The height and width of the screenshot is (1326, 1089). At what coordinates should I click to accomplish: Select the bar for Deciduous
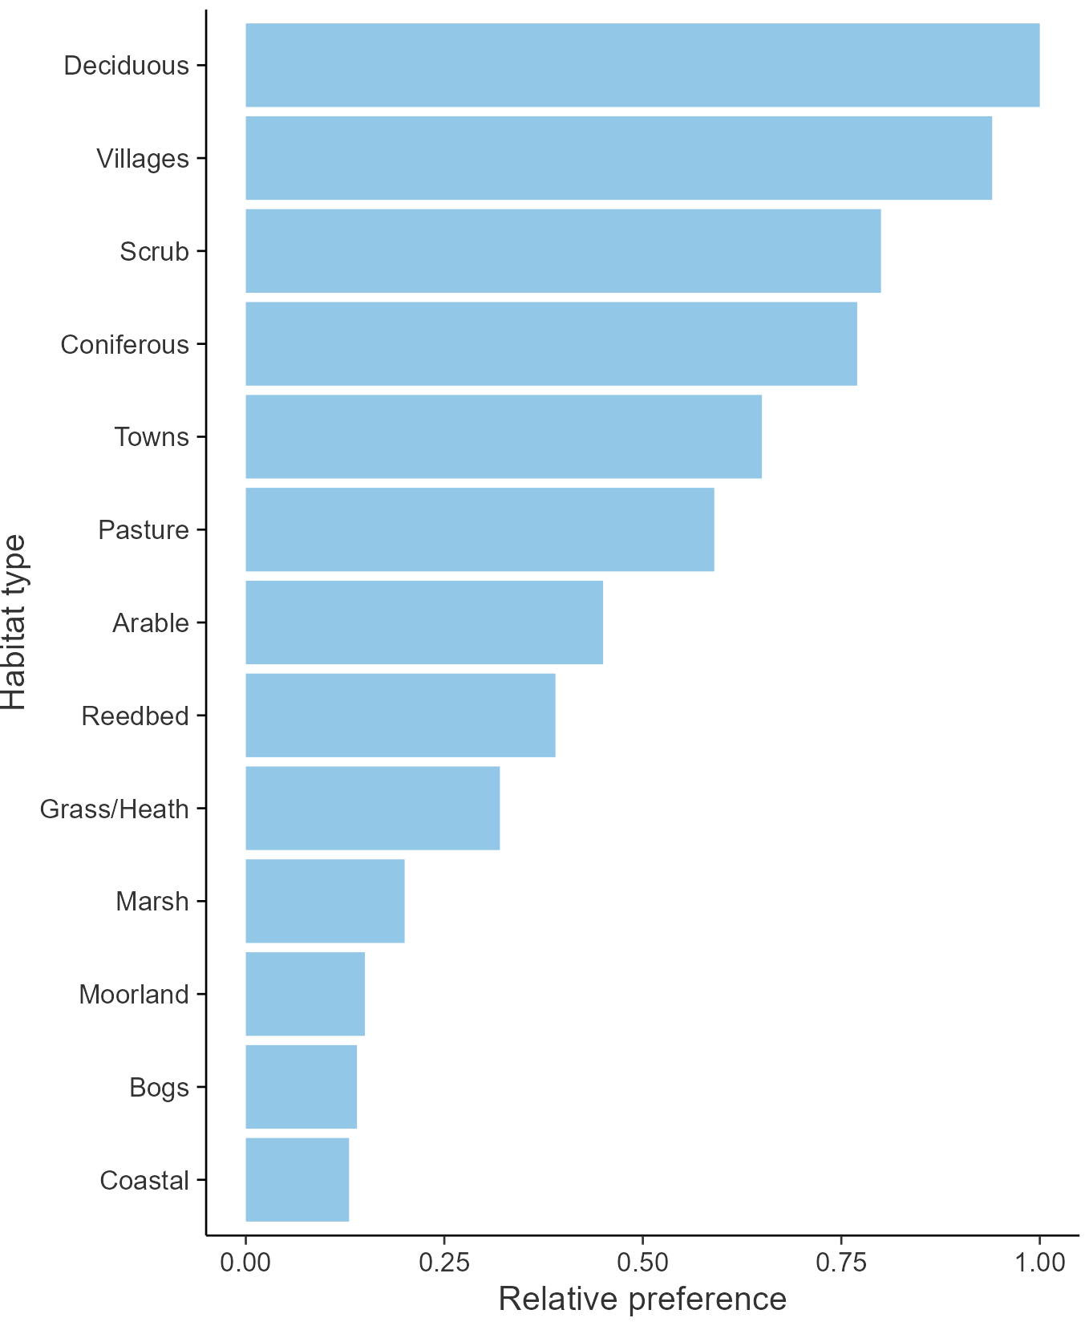pyautogui.click(x=642, y=65)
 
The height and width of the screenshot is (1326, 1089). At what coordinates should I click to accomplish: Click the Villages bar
pyautogui.click(x=618, y=158)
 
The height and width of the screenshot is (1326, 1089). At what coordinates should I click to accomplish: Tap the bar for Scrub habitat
pyautogui.click(x=563, y=251)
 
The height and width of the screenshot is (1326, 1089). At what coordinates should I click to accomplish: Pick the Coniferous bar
pyautogui.click(x=551, y=343)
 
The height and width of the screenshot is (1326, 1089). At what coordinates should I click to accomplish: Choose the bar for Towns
pyautogui.click(x=504, y=436)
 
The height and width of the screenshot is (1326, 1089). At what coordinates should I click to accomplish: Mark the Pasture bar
pyautogui.click(x=480, y=529)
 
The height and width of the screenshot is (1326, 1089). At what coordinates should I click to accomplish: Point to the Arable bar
pyautogui.click(x=424, y=622)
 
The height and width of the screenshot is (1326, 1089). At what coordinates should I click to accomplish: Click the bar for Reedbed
pyautogui.click(x=400, y=715)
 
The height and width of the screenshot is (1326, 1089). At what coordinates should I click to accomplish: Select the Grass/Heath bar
pyautogui.click(x=372, y=808)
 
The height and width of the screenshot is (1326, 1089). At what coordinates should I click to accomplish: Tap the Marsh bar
pyautogui.click(x=325, y=901)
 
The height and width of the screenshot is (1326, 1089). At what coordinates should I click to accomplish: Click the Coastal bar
pyautogui.click(x=297, y=1179)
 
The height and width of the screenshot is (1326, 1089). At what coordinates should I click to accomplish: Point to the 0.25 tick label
pyautogui.click(x=443, y=1262)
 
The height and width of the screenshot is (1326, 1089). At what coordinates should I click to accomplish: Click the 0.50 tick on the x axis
pyautogui.click(x=642, y=1262)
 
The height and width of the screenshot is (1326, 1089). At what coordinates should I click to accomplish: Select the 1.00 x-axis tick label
pyautogui.click(x=1039, y=1262)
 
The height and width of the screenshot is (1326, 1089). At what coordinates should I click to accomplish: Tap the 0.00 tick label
pyautogui.click(x=245, y=1262)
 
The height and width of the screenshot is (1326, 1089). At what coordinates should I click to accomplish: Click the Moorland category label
pyautogui.click(x=134, y=995)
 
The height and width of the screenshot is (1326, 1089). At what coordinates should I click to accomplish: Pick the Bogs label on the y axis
pyautogui.click(x=159, y=1088)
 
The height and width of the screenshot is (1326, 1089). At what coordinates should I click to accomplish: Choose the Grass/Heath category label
pyautogui.click(x=114, y=809)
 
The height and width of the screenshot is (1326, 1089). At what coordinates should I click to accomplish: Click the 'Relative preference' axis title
pyautogui.click(x=642, y=1299)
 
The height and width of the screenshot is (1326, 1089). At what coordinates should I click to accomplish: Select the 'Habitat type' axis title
pyautogui.click(x=14, y=622)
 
